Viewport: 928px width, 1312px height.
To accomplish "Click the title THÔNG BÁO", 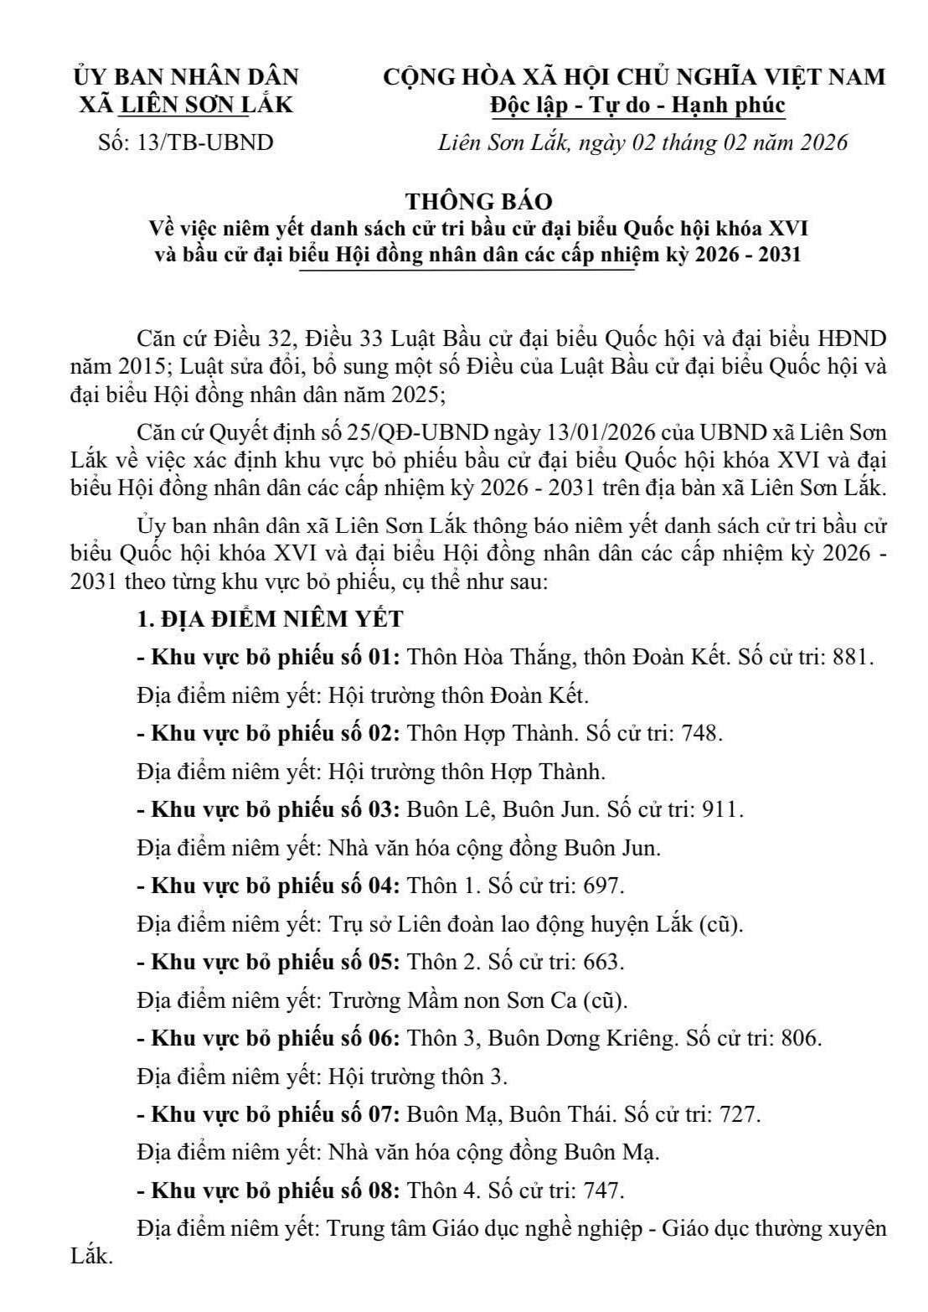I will coord(479,202).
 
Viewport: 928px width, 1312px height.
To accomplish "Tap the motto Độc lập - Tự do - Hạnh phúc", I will coord(637,106).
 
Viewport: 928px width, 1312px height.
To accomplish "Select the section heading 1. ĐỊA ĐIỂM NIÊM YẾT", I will coord(270,619).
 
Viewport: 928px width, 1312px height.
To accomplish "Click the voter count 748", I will coord(700,733).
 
